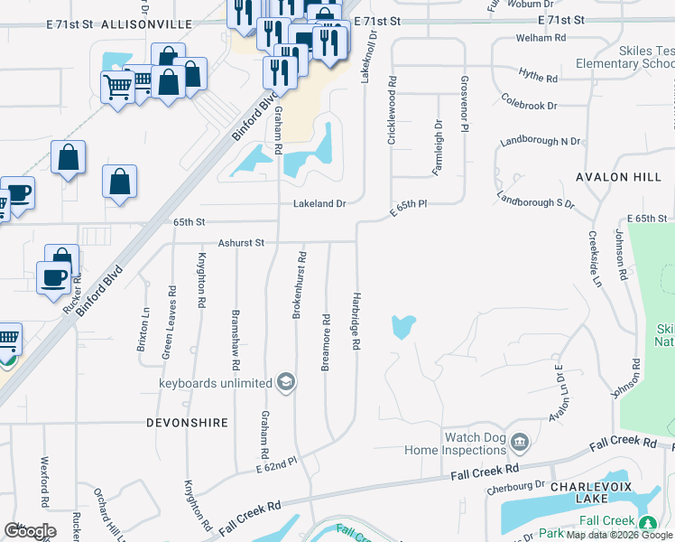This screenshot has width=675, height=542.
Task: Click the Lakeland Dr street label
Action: coord(319,204)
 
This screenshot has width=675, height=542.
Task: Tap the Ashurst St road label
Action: coord(240,243)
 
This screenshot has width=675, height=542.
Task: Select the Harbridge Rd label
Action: coord(356,320)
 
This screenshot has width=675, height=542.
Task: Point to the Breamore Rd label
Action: coord(326,342)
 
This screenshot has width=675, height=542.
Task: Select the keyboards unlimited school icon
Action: coord(286,383)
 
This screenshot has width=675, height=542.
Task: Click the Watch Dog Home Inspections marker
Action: coord(519,443)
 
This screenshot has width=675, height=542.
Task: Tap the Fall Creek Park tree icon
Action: coord(646,524)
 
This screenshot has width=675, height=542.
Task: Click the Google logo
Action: coord(30,530)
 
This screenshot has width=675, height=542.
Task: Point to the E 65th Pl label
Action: coord(408,206)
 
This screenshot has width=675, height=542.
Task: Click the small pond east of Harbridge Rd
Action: coord(402,325)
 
